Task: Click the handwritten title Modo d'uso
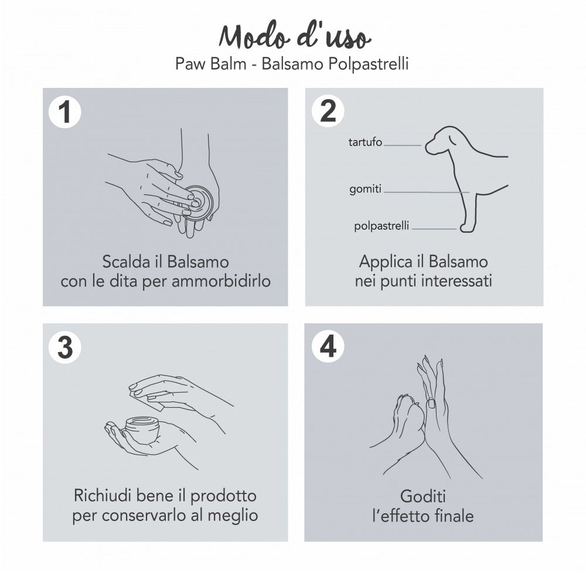pos(295,36)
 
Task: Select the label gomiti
pos(365,189)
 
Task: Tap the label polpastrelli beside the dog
pos(381,226)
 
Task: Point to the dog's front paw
pos(466,227)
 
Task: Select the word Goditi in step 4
pos(423,496)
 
